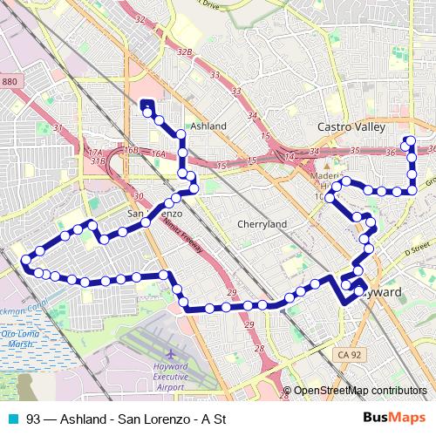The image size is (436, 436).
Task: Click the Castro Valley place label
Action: [351, 127]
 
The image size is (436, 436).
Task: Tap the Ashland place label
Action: [208, 126]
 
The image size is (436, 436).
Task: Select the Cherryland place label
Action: [262, 224]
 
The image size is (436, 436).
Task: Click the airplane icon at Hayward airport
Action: [169, 353]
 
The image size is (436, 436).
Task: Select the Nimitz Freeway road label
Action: [182, 235]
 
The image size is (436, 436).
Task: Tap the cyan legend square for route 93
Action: [12, 419]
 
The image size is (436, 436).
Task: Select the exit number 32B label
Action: [184, 52]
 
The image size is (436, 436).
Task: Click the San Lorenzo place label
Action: [154, 213]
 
